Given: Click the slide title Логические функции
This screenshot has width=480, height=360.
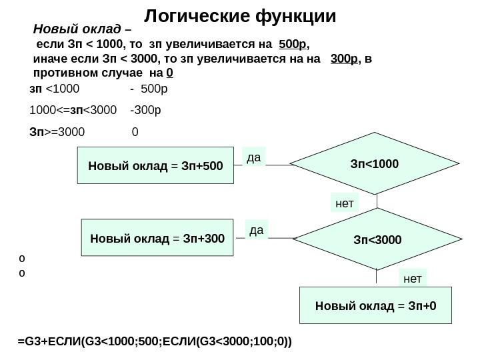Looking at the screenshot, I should pos(240,15).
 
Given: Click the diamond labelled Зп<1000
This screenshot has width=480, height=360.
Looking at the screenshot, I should pos(377,162).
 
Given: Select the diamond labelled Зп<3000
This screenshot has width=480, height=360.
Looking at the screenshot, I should pos(378,237).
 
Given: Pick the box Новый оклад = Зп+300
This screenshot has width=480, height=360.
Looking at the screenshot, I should pos(157,238).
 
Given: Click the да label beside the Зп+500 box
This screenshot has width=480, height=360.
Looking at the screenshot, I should pos(253,157).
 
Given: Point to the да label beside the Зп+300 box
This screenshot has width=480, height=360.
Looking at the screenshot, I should pos(256,231).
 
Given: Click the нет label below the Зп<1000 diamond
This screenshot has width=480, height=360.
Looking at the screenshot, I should pos(344,202).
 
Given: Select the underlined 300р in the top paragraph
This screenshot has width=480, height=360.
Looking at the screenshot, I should pos(345,59).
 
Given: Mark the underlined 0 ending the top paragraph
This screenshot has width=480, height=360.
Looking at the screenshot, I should pos(170,72).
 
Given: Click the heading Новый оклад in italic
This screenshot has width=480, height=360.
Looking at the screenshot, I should pos(77,30).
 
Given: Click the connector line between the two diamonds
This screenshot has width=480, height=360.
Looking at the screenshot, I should pos(377,201).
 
